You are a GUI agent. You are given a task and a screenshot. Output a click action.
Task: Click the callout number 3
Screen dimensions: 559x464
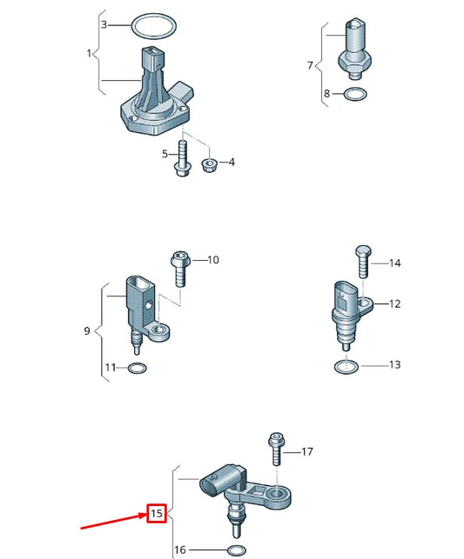104,24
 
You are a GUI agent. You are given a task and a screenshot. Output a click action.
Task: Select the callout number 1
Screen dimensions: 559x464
89,54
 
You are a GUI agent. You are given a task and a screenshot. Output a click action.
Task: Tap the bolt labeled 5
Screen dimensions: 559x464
182,156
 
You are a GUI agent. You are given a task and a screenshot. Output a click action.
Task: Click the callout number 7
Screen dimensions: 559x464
309,64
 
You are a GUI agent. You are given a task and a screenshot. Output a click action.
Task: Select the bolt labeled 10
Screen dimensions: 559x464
179,269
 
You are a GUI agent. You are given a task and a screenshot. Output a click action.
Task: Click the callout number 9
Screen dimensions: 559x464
87,331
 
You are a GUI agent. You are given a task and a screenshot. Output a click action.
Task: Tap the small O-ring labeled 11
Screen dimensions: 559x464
137,369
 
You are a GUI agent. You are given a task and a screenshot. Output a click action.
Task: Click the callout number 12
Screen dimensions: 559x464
394,304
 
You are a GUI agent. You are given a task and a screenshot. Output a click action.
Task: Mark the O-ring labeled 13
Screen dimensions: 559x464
346,366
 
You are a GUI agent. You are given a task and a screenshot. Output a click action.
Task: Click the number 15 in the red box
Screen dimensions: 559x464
157,515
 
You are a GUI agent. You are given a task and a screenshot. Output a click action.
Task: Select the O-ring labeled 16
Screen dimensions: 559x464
234,550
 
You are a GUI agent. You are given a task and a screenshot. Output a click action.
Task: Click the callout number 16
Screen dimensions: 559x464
180,550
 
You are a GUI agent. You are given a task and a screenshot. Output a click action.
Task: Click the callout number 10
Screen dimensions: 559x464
213,260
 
